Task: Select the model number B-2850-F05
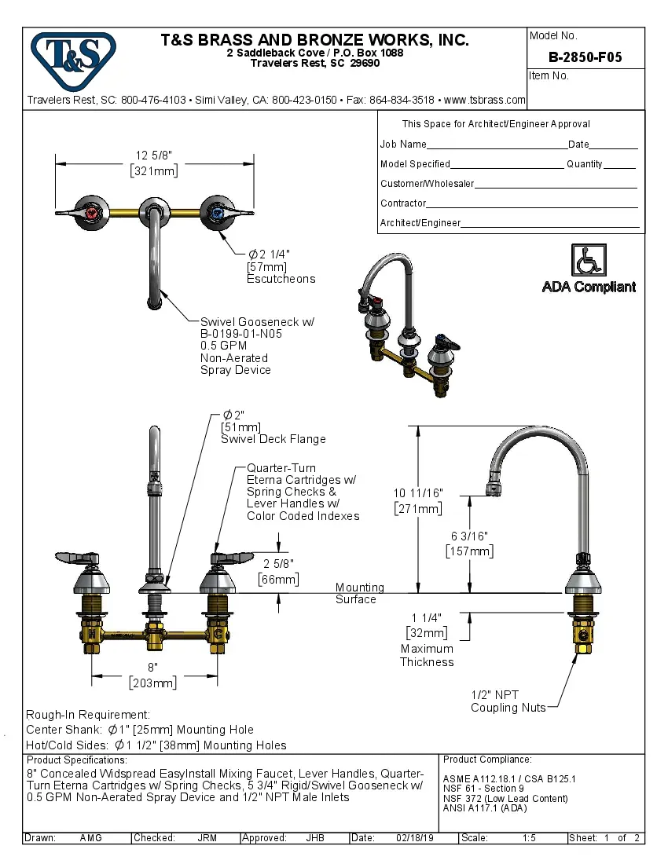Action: (x=585, y=57)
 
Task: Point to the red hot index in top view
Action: (x=93, y=213)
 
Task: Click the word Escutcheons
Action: (x=281, y=279)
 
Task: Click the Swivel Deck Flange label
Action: (x=273, y=439)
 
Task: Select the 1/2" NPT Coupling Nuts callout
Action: (x=508, y=701)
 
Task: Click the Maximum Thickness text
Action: (x=427, y=655)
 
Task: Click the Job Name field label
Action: (x=403, y=145)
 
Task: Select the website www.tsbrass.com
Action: (x=484, y=100)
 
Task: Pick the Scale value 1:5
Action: (x=529, y=838)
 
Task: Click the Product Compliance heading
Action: (x=487, y=760)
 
